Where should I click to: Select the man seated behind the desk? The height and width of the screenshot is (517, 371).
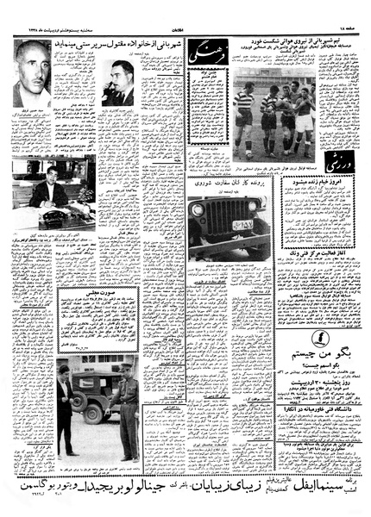[x=49, y=187]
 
